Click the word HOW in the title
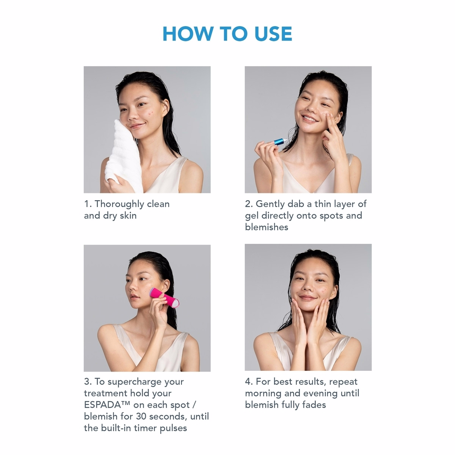(188, 34)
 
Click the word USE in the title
(273, 34)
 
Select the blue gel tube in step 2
(280, 141)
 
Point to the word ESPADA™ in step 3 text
(107, 405)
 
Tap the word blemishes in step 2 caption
(267, 227)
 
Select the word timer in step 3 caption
(145, 428)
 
